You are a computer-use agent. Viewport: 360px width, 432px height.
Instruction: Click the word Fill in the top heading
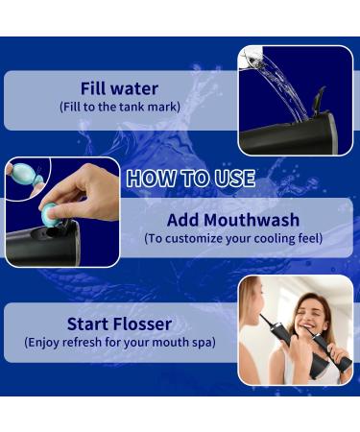(x=100, y=89)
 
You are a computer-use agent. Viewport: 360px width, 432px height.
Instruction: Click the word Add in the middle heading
(x=187, y=220)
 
